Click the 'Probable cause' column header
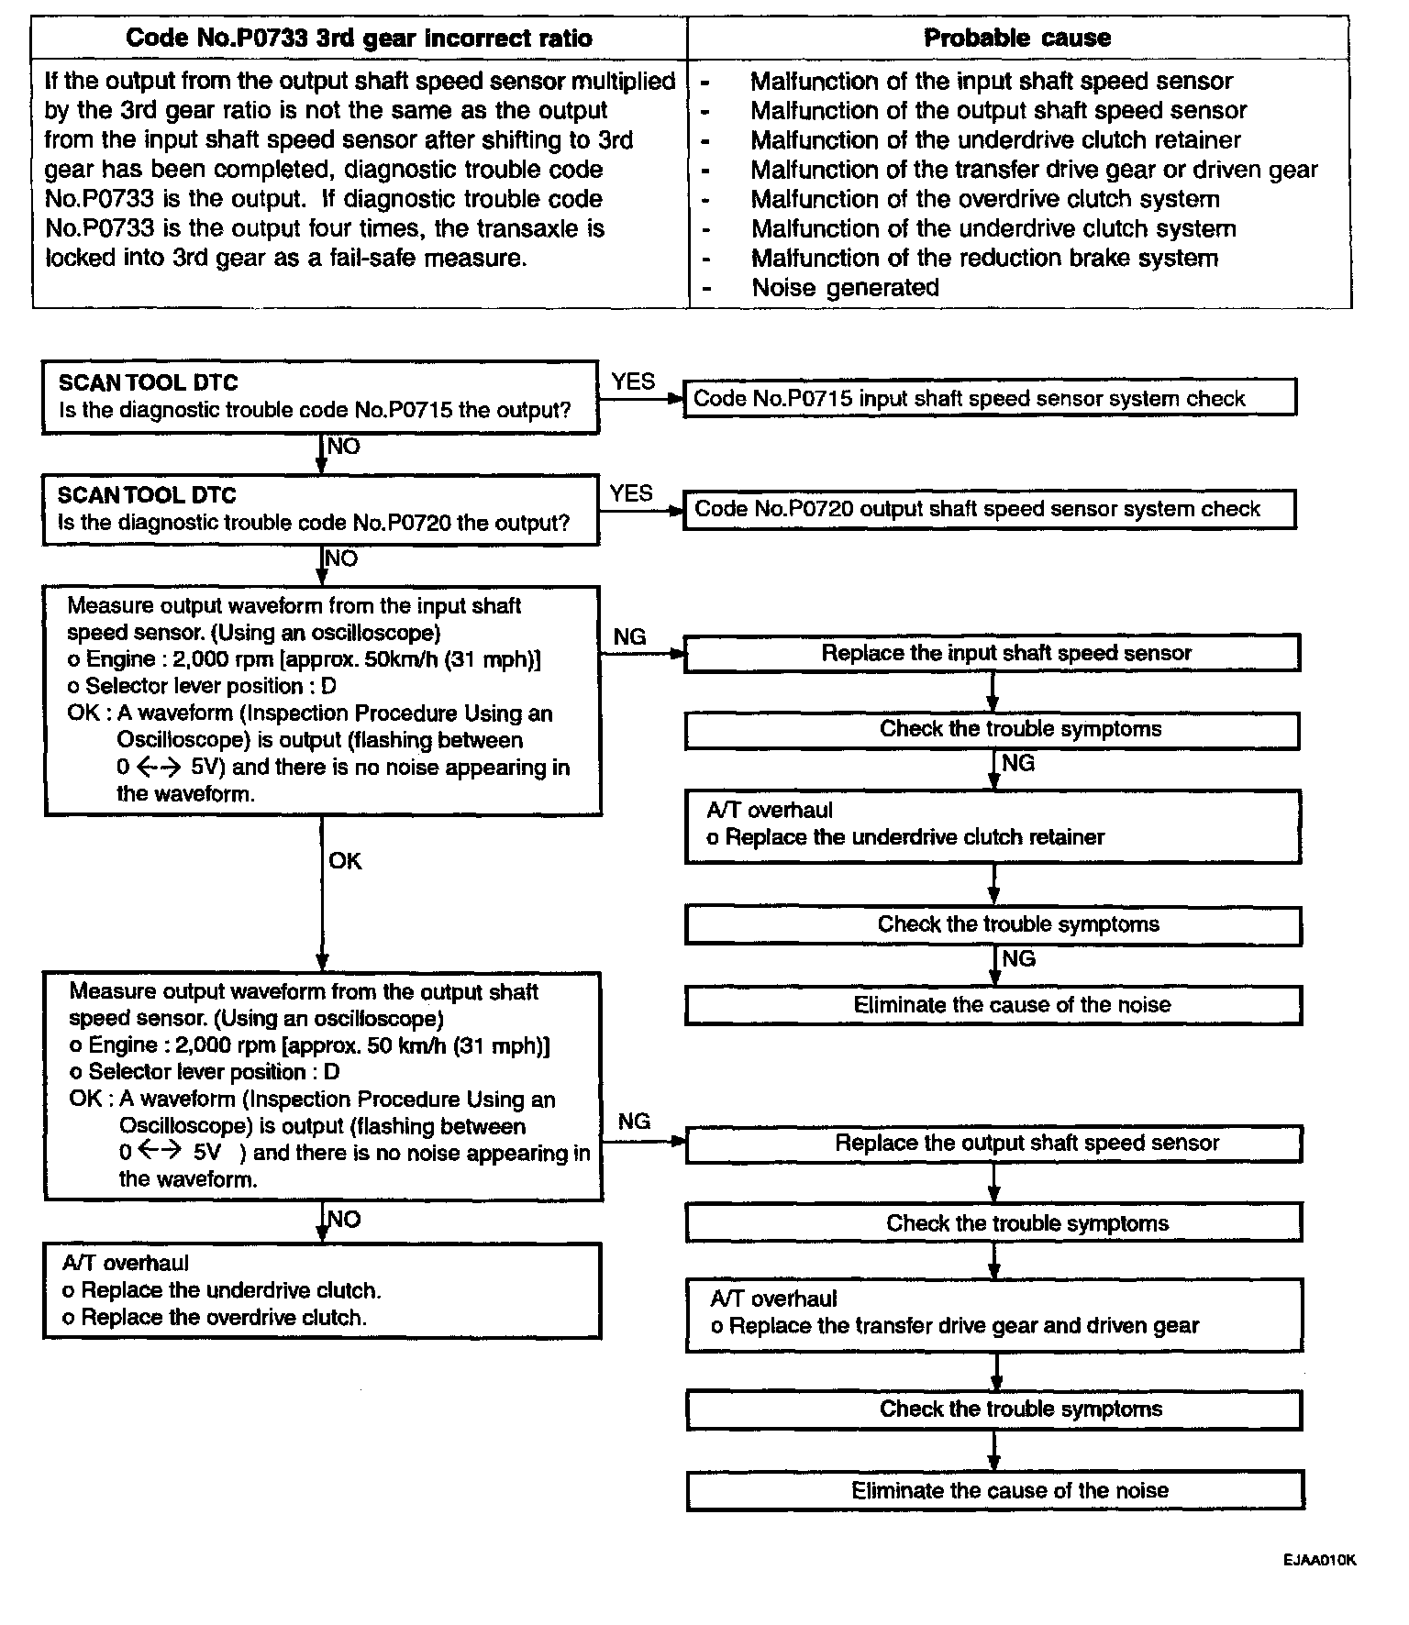click(1016, 38)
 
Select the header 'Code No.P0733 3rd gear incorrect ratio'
click(359, 38)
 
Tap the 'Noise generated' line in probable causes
click(845, 288)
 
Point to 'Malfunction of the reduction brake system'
click(984, 259)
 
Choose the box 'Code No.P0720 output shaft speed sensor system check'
click(990, 510)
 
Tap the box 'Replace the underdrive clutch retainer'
click(993, 825)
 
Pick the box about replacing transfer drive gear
click(994, 1314)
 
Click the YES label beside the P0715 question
click(633, 381)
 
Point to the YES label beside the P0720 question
click(631, 493)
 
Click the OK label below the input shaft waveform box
click(345, 861)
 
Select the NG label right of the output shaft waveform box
click(634, 1122)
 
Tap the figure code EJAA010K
click(1319, 1560)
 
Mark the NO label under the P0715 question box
click(344, 447)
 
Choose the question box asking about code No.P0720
click(320, 510)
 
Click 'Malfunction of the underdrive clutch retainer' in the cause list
click(995, 140)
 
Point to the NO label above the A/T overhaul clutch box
click(344, 1220)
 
